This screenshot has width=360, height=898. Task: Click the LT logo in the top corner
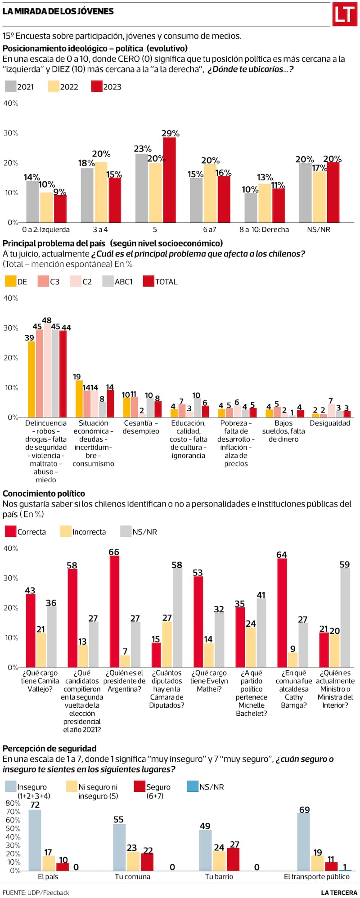pos(345,14)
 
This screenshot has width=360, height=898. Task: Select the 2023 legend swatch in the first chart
pos(97,87)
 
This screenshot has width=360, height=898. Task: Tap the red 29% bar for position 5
pos(169,180)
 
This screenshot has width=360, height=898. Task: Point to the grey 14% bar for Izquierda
pos(32,202)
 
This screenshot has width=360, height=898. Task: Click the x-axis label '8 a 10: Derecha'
pos(264,229)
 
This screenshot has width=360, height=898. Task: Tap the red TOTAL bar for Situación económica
pos(110,404)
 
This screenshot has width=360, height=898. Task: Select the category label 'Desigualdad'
pos(330,423)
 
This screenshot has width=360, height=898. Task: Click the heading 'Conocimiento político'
pos(44,494)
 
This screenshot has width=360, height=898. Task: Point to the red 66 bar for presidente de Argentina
pos(114,611)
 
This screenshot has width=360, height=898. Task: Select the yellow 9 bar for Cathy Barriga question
pos(292,660)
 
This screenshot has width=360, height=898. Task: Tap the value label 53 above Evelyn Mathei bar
pos(198,573)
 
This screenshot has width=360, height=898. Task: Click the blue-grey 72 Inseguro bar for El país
pos(35,840)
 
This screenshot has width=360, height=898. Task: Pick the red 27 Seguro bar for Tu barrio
pos(233,859)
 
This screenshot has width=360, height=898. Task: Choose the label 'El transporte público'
pos(317,877)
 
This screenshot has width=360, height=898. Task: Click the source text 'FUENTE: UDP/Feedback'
pos(36,893)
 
